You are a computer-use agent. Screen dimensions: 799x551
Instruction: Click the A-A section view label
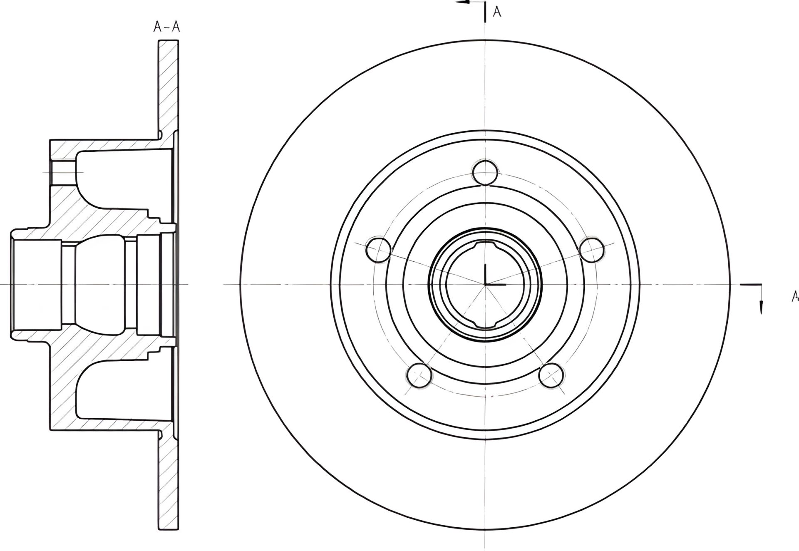click(166, 27)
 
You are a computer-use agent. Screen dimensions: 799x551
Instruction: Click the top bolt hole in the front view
click(485, 172)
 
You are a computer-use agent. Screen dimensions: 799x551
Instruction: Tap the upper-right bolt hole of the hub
click(591, 250)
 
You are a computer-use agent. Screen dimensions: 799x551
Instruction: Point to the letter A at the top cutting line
click(497, 12)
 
